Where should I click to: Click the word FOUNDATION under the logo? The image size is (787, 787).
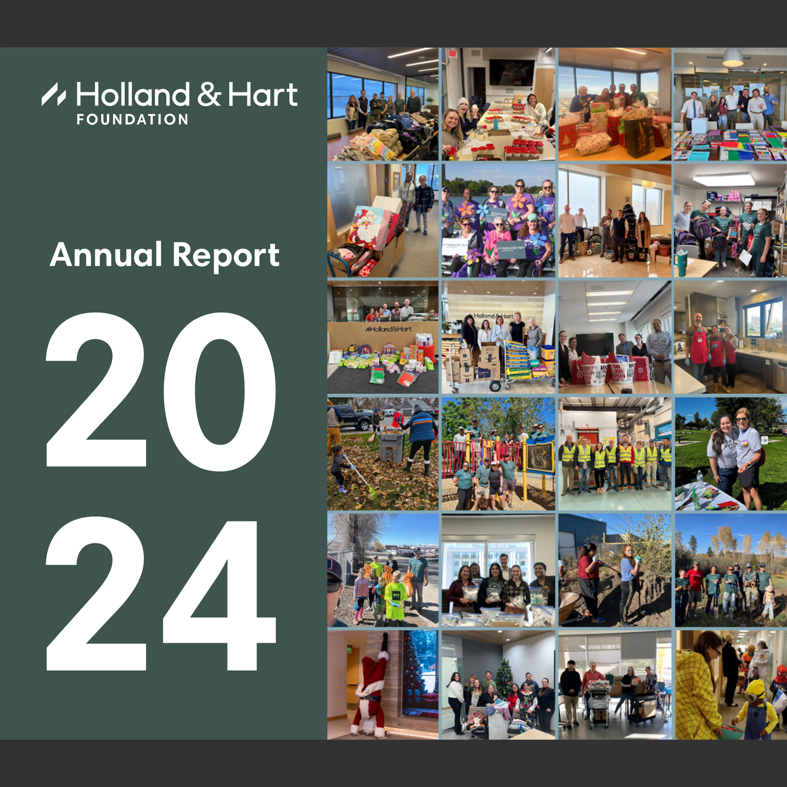pyautogui.click(x=132, y=119)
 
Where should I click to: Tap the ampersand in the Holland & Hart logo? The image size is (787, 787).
pyautogui.click(x=209, y=94)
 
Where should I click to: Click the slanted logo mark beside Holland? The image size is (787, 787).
pyautogui.click(x=53, y=94)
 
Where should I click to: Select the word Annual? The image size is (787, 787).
pyautogui.click(x=106, y=255)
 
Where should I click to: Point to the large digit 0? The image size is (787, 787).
pyautogui.click(x=220, y=392)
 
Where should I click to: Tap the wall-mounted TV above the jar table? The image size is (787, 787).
pyautogui.click(x=512, y=73)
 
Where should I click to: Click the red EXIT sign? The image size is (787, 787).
pyautogui.click(x=452, y=53)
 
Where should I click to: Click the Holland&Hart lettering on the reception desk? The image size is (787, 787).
pyautogui.click(x=388, y=329)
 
